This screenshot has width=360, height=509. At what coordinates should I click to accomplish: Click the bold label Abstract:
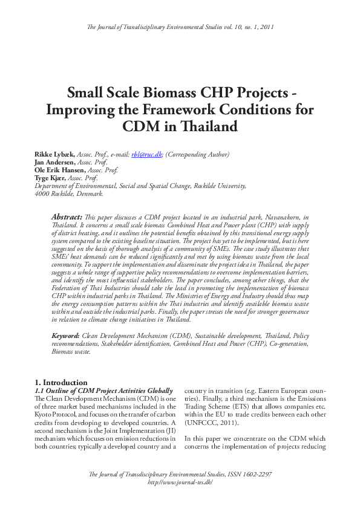click(66, 216)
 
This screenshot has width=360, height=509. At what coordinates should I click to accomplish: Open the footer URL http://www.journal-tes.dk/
click(180, 482)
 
